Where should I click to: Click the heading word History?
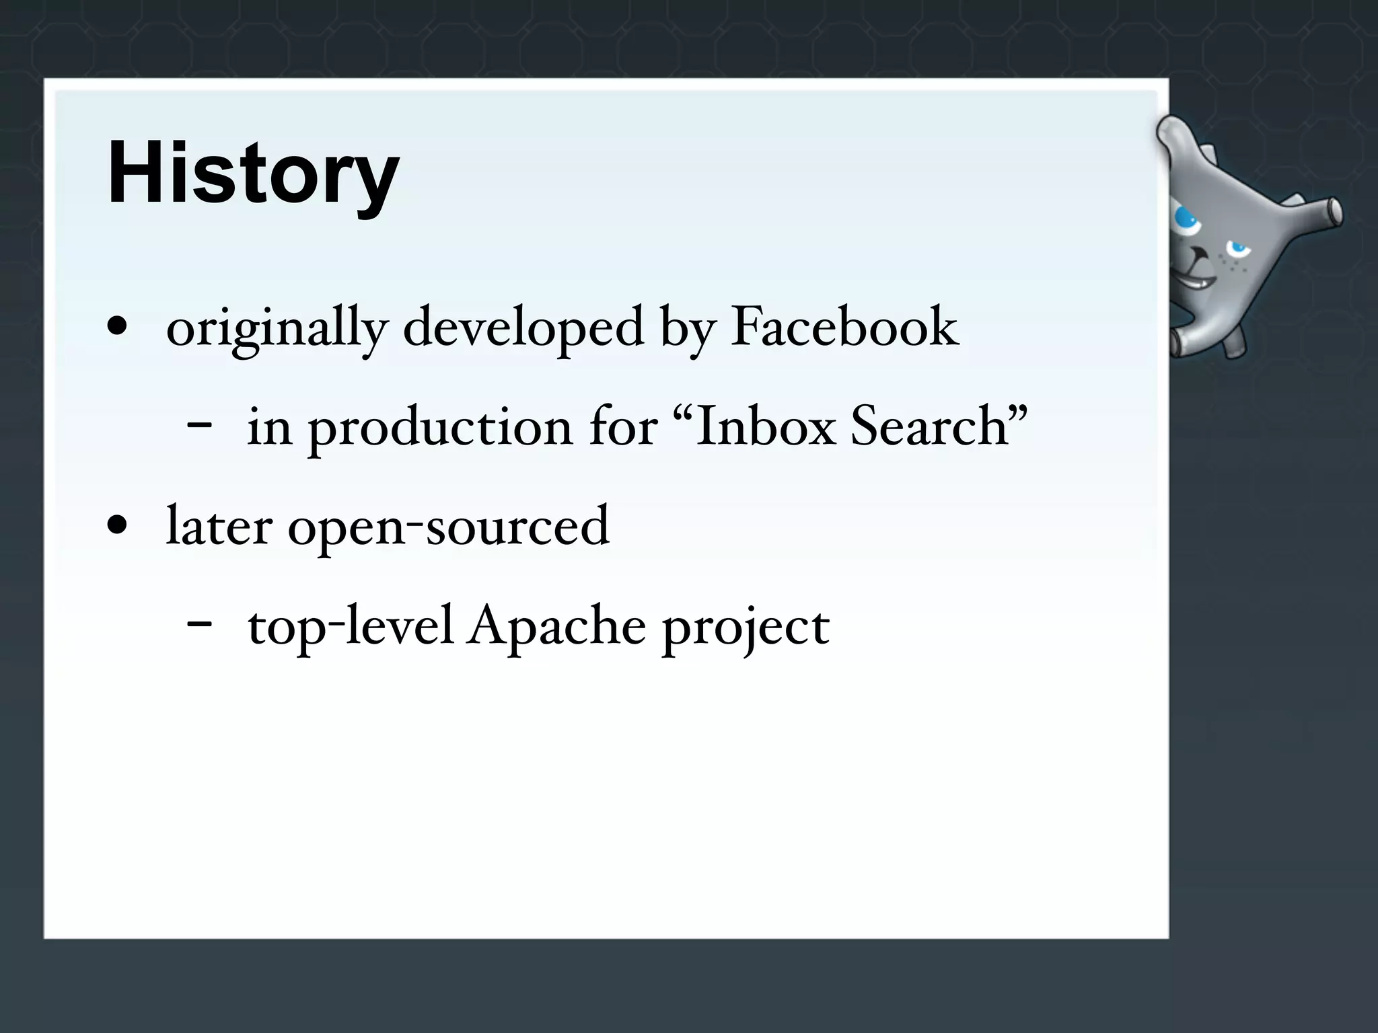point(253,174)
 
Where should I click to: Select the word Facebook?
point(844,328)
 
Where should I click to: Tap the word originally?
point(277,328)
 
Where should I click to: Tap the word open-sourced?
point(449,527)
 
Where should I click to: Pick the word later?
point(219,526)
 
